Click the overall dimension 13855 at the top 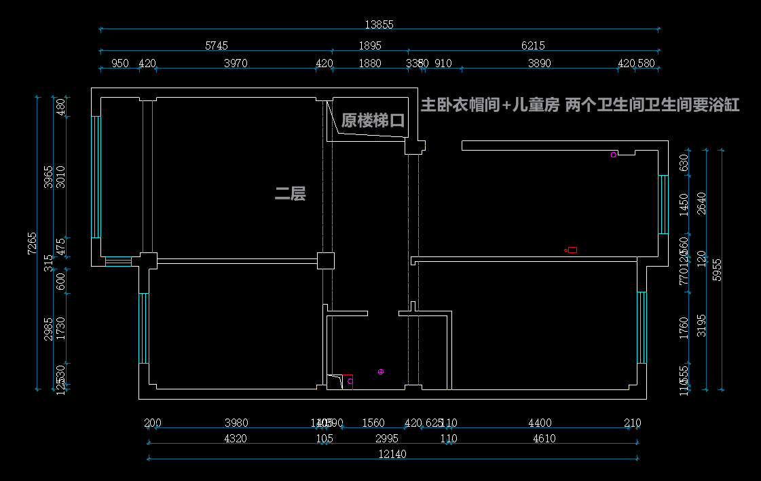pos(379,24)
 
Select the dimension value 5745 pos(217,45)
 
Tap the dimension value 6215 pos(533,45)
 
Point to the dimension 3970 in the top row pos(236,63)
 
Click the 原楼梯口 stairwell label pos(373,121)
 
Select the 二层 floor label pos(290,194)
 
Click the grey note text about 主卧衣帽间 pos(580,105)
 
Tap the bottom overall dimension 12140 pos(392,454)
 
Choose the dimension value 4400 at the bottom pos(540,423)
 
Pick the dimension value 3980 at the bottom pos(236,423)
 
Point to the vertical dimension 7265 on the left pos(31,243)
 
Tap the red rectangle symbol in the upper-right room pos(572,250)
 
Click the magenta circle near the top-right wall pos(613,155)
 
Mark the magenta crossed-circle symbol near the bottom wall pos(381,372)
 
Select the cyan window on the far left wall pos(96,176)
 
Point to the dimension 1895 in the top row pos(370,45)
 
